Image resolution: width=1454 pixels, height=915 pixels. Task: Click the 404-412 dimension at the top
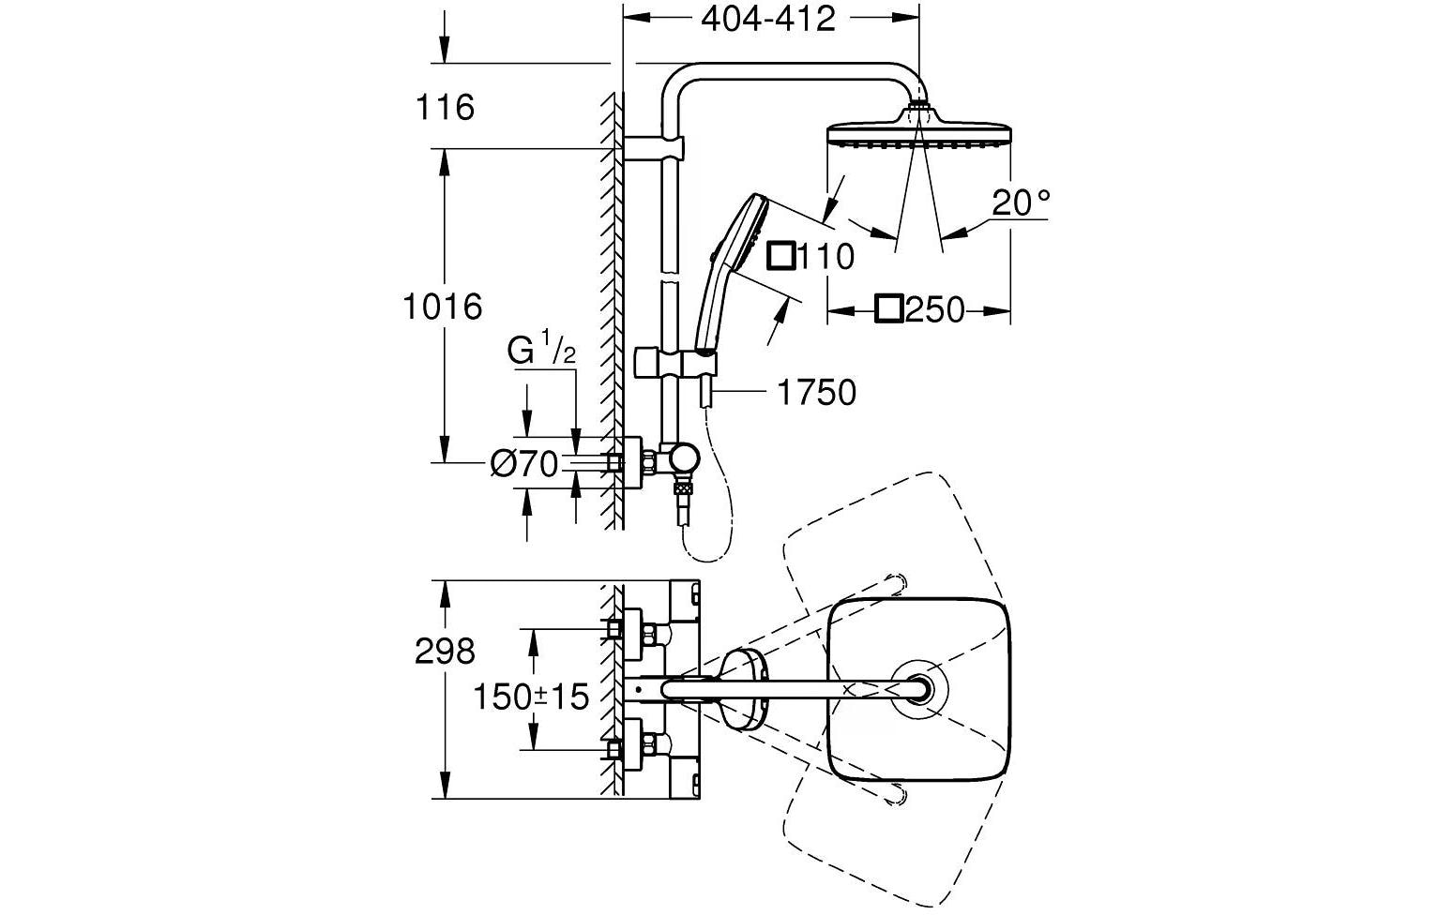click(x=767, y=18)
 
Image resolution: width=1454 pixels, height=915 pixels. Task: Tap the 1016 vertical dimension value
click(x=442, y=306)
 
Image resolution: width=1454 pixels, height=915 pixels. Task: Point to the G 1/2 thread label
click(x=541, y=352)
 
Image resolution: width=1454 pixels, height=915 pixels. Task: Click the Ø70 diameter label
click(x=525, y=463)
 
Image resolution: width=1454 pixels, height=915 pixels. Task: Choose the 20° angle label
click(x=1021, y=202)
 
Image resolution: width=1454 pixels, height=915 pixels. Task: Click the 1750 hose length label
click(x=816, y=393)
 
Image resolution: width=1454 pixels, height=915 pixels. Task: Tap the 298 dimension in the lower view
click(x=445, y=651)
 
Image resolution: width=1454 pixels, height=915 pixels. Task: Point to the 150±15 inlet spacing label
click(x=531, y=697)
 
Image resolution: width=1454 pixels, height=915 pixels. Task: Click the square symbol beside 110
click(x=781, y=255)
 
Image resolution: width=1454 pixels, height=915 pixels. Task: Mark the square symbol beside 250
click(x=888, y=308)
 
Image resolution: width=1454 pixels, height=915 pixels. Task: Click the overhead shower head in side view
click(x=918, y=132)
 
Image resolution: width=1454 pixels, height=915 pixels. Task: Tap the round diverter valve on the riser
click(x=683, y=460)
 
